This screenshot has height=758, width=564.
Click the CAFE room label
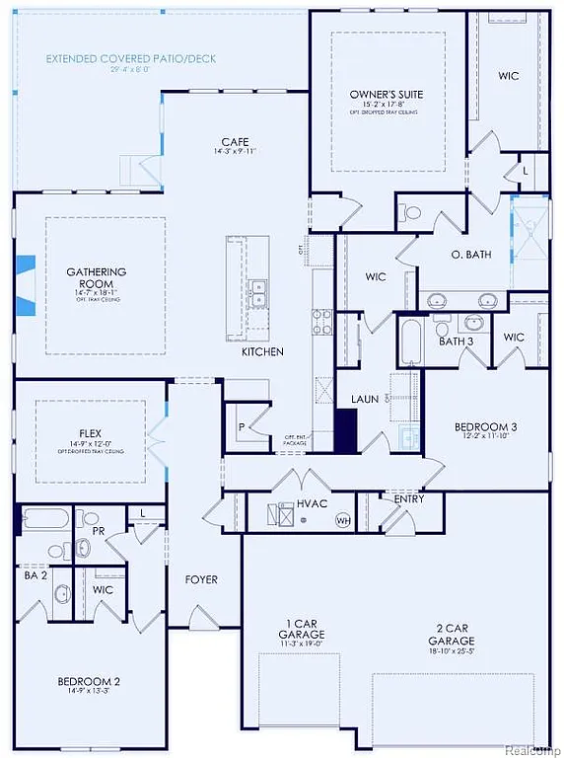pyautogui.click(x=234, y=142)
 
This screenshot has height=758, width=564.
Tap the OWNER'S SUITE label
pyautogui.click(x=387, y=95)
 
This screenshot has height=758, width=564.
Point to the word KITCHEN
pyautogui.click(x=262, y=351)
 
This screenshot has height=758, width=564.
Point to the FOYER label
pyautogui.click(x=201, y=579)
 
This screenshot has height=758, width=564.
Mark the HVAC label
pyautogui.click(x=312, y=503)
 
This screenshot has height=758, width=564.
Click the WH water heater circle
pyautogui.click(x=343, y=520)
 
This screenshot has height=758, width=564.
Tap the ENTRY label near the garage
pyautogui.click(x=409, y=499)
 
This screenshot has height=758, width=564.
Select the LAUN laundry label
pyautogui.click(x=365, y=400)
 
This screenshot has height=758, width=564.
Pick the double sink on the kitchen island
pyautogui.click(x=258, y=290)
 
